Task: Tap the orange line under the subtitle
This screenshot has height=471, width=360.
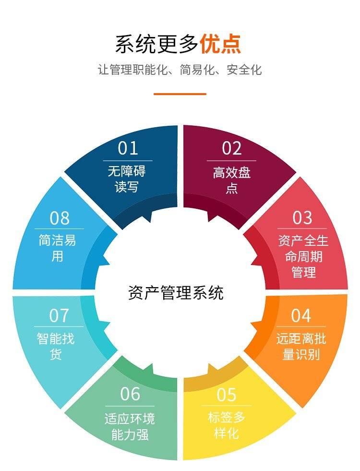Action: point(180,94)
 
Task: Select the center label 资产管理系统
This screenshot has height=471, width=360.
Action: point(176,292)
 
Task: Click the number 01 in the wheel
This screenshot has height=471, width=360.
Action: point(128,148)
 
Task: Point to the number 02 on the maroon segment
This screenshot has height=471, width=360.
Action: point(231,148)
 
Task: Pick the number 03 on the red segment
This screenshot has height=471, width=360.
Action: point(302,217)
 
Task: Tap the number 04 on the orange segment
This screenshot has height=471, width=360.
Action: point(301,315)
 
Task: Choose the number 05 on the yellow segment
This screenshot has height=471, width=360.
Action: point(227,395)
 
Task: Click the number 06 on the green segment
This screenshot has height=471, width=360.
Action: point(130,394)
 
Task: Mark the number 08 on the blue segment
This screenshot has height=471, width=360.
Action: point(60,218)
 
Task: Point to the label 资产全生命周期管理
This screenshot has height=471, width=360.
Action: point(303,256)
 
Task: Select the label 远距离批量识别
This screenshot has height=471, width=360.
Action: point(301,347)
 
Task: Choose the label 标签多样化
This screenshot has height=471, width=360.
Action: point(227,425)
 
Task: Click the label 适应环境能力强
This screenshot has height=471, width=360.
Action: point(130,426)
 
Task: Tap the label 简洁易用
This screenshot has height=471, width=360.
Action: point(57,248)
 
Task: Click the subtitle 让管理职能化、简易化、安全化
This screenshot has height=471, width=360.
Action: point(180,70)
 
